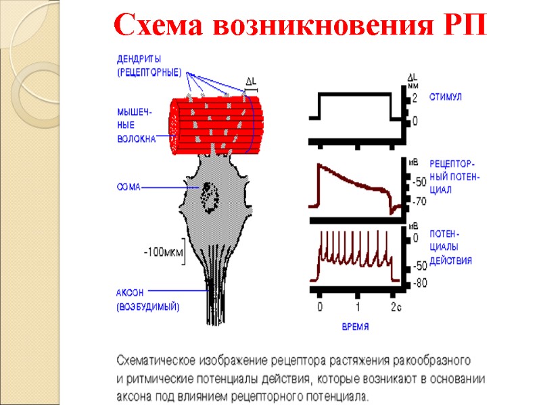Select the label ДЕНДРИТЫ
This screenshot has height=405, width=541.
tap(139, 59)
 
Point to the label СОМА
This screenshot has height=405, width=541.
tap(129, 188)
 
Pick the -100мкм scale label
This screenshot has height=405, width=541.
tap(162, 252)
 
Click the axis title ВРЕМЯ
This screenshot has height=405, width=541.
tap(354, 327)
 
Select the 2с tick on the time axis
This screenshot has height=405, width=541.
tap(395, 308)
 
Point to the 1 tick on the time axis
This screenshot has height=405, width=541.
tap(358, 308)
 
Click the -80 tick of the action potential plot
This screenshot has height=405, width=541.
tap(420, 283)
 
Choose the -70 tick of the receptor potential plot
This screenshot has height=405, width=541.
tap(420, 200)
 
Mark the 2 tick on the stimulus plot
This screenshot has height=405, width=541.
tap(415, 99)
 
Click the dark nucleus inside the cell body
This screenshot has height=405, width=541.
tap(208, 195)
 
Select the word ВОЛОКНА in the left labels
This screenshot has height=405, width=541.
tap(137, 140)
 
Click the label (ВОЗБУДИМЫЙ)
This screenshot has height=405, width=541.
tap(148, 307)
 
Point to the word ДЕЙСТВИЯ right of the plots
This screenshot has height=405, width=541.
tap(451, 261)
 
